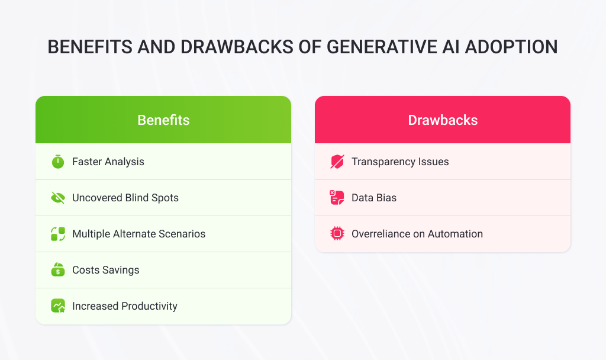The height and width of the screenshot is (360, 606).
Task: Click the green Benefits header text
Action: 163,120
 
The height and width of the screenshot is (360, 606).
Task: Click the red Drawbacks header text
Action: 443,120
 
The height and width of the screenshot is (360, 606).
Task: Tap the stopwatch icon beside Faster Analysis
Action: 57,162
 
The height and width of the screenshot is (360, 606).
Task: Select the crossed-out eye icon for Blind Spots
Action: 57,198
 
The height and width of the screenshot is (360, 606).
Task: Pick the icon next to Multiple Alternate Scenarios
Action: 57,234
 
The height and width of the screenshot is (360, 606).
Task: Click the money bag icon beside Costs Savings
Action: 57,270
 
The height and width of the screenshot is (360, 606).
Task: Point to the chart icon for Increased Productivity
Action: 57,306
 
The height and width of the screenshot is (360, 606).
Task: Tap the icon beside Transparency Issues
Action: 337,162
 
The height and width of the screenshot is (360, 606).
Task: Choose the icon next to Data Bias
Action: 337,198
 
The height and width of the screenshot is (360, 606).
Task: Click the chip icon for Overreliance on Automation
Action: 337,234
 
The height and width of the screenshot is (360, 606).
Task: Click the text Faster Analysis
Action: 108,162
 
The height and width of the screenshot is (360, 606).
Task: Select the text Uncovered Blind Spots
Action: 125,198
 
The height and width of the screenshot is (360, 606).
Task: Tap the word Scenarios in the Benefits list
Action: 181,234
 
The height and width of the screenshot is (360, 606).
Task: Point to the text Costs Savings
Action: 105,270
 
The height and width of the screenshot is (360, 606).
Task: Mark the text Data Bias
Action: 373,198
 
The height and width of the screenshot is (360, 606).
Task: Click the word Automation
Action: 455,234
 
